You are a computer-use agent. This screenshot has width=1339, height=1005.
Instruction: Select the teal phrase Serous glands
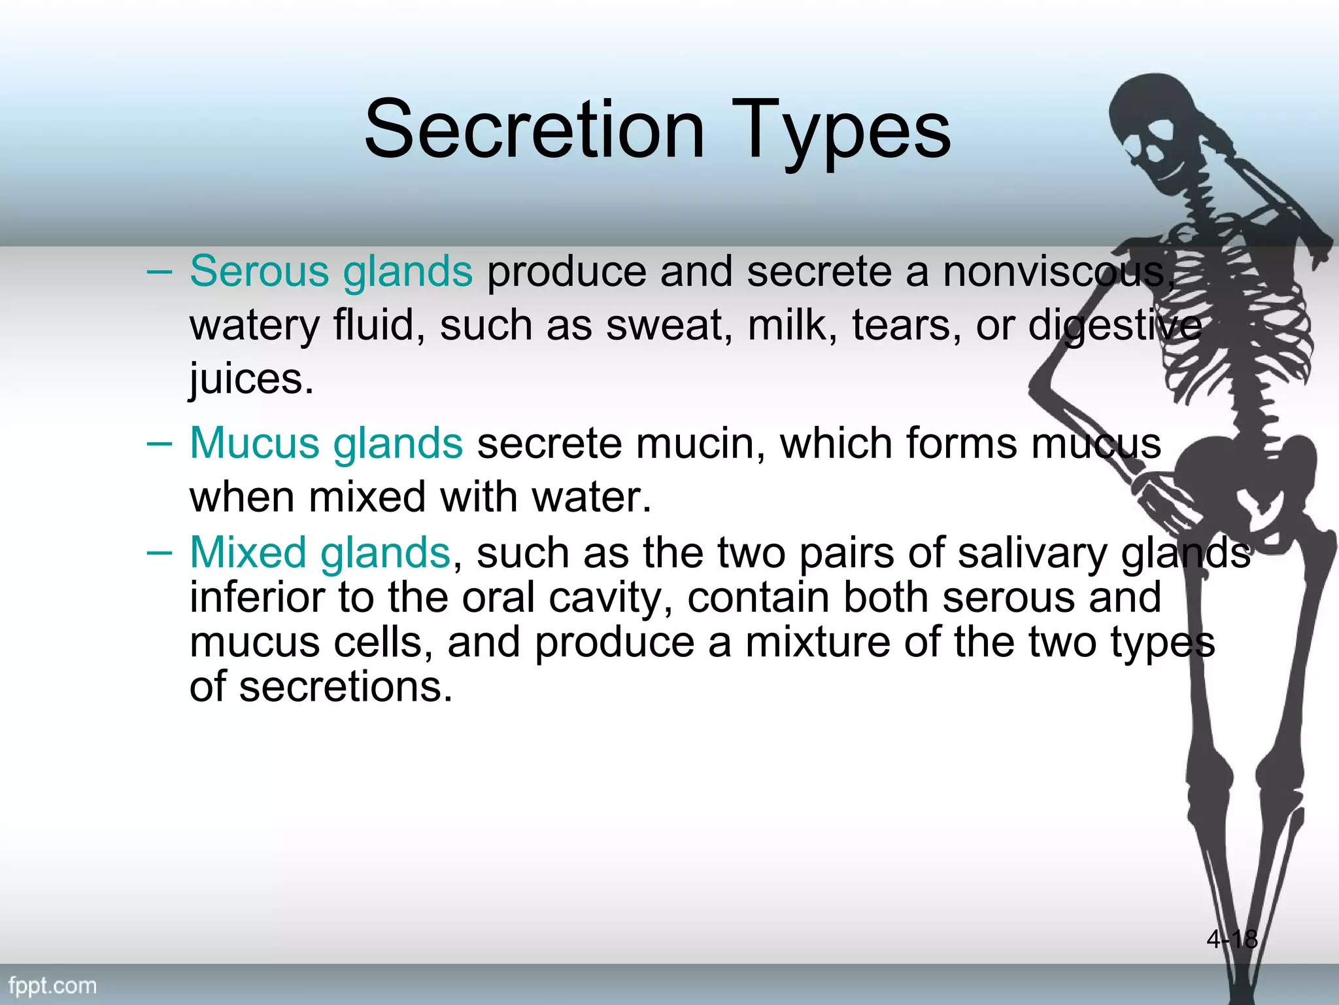click(x=331, y=271)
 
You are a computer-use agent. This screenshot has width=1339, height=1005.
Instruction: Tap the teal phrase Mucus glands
click(x=326, y=443)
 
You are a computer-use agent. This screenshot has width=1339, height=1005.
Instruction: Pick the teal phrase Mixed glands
click(x=320, y=552)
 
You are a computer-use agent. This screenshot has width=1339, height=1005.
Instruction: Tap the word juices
click(x=251, y=379)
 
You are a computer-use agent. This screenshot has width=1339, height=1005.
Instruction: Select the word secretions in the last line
click(x=345, y=687)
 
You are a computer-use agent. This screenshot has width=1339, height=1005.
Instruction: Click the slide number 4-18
click(x=1232, y=939)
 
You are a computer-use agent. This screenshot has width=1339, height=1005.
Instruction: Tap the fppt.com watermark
click(x=53, y=986)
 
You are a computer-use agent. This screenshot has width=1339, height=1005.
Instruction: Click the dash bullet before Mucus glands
click(x=159, y=444)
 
